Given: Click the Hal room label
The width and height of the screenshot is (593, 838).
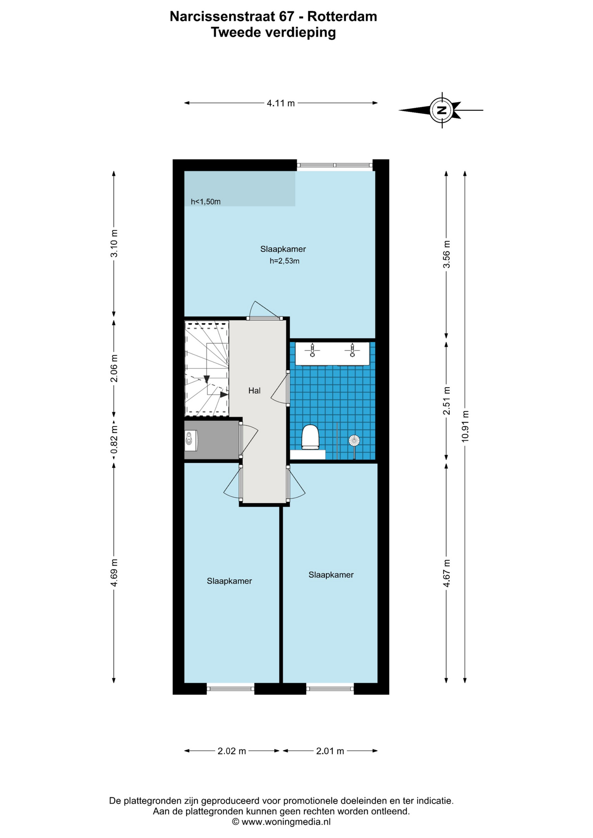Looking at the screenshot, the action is coord(254,391).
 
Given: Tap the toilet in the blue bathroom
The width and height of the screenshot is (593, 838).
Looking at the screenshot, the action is coord(310,436).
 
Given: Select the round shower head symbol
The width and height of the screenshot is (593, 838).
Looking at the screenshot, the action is coord(354,440).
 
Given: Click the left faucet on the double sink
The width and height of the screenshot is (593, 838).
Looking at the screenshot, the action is coord(312,350).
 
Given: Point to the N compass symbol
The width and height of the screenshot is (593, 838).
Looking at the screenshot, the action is coord(442,110).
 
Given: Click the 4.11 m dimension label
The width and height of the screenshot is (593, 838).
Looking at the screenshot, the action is coord(281,103).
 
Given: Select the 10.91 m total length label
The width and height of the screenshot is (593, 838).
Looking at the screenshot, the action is coord(465,426).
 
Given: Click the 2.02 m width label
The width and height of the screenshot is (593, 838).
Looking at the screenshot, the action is coord(232,751).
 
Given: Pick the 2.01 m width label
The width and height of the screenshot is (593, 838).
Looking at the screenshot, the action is coord(330,751).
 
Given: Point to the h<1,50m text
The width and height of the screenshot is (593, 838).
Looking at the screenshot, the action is coord(206,202).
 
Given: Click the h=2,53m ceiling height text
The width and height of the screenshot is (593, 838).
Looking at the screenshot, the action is coord(285,261).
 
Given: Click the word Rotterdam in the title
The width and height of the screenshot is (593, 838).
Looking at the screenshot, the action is coord(342,17).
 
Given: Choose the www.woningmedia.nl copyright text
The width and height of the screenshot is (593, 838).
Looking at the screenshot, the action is coord(281,821).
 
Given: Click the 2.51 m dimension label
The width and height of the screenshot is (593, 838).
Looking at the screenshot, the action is coord(446,401).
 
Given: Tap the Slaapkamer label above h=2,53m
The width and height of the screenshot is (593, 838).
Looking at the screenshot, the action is coord(283,249).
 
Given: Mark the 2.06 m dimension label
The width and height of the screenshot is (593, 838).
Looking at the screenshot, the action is coord(114,368).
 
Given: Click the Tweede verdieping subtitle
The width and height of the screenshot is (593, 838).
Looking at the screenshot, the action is coord(273,32).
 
